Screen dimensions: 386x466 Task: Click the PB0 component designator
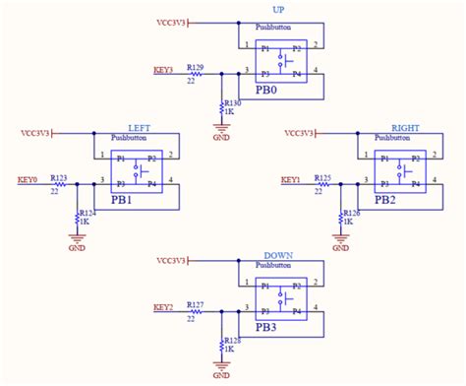(267, 89)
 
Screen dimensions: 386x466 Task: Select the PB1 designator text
(123, 199)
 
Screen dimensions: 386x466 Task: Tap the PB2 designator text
(386, 199)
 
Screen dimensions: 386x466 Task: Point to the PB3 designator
(267, 328)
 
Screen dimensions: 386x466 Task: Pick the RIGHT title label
(405, 128)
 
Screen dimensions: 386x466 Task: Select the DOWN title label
(278, 255)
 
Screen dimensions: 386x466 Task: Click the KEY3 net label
(163, 70)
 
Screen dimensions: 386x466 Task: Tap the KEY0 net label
(27, 179)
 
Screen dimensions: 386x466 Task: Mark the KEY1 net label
(290, 179)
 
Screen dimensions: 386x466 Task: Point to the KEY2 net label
(163, 307)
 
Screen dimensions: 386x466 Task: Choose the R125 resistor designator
(322, 177)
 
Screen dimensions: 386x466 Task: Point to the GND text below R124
(77, 248)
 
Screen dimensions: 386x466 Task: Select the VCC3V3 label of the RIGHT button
(297, 132)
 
